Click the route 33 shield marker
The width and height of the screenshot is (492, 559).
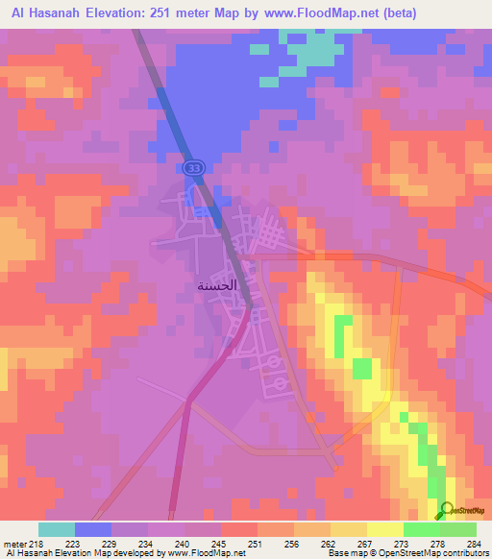(196, 167)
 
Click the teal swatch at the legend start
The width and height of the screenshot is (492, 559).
(57, 529)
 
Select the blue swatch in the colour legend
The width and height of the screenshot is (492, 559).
(93, 529)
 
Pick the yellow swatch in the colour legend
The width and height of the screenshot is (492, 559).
(384, 529)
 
